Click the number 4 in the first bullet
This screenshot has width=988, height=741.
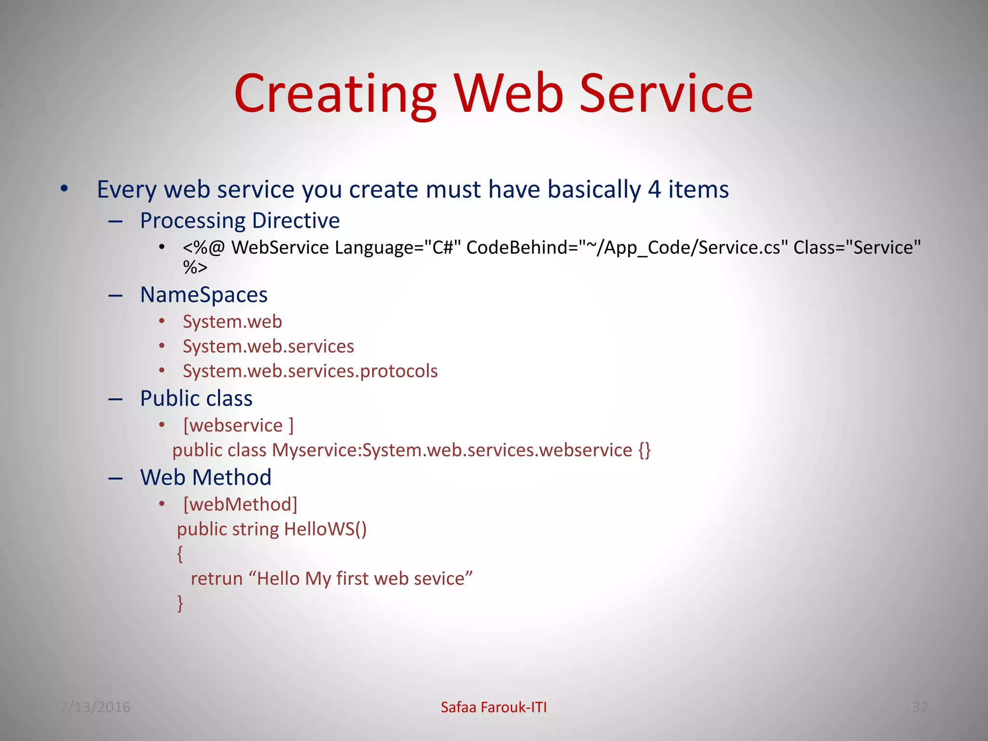(x=654, y=189)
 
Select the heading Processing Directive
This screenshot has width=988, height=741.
(x=240, y=221)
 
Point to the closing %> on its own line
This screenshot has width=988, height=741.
(x=195, y=267)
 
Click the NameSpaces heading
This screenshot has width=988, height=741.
(x=204, y=295)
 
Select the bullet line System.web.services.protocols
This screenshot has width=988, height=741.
(x=310, y=371)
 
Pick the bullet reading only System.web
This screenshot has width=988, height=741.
(x=232, y=322)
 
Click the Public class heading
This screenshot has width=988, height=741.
(x=196, y=398)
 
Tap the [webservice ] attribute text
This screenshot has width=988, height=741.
(x=238, y=425)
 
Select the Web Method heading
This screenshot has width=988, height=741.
(x=206, y=478)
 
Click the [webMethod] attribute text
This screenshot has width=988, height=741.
(x=240, y=505)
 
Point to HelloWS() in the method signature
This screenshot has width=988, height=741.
(x=325, y=529)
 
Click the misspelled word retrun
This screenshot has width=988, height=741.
(x=217, y=578)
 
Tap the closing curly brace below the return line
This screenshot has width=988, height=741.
(x=180, y=603)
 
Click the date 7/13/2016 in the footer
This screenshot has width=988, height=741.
(x=95, y=707)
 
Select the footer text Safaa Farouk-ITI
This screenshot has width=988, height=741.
(x=494, y=707)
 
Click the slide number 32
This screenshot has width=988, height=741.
(x=919, y=707)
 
